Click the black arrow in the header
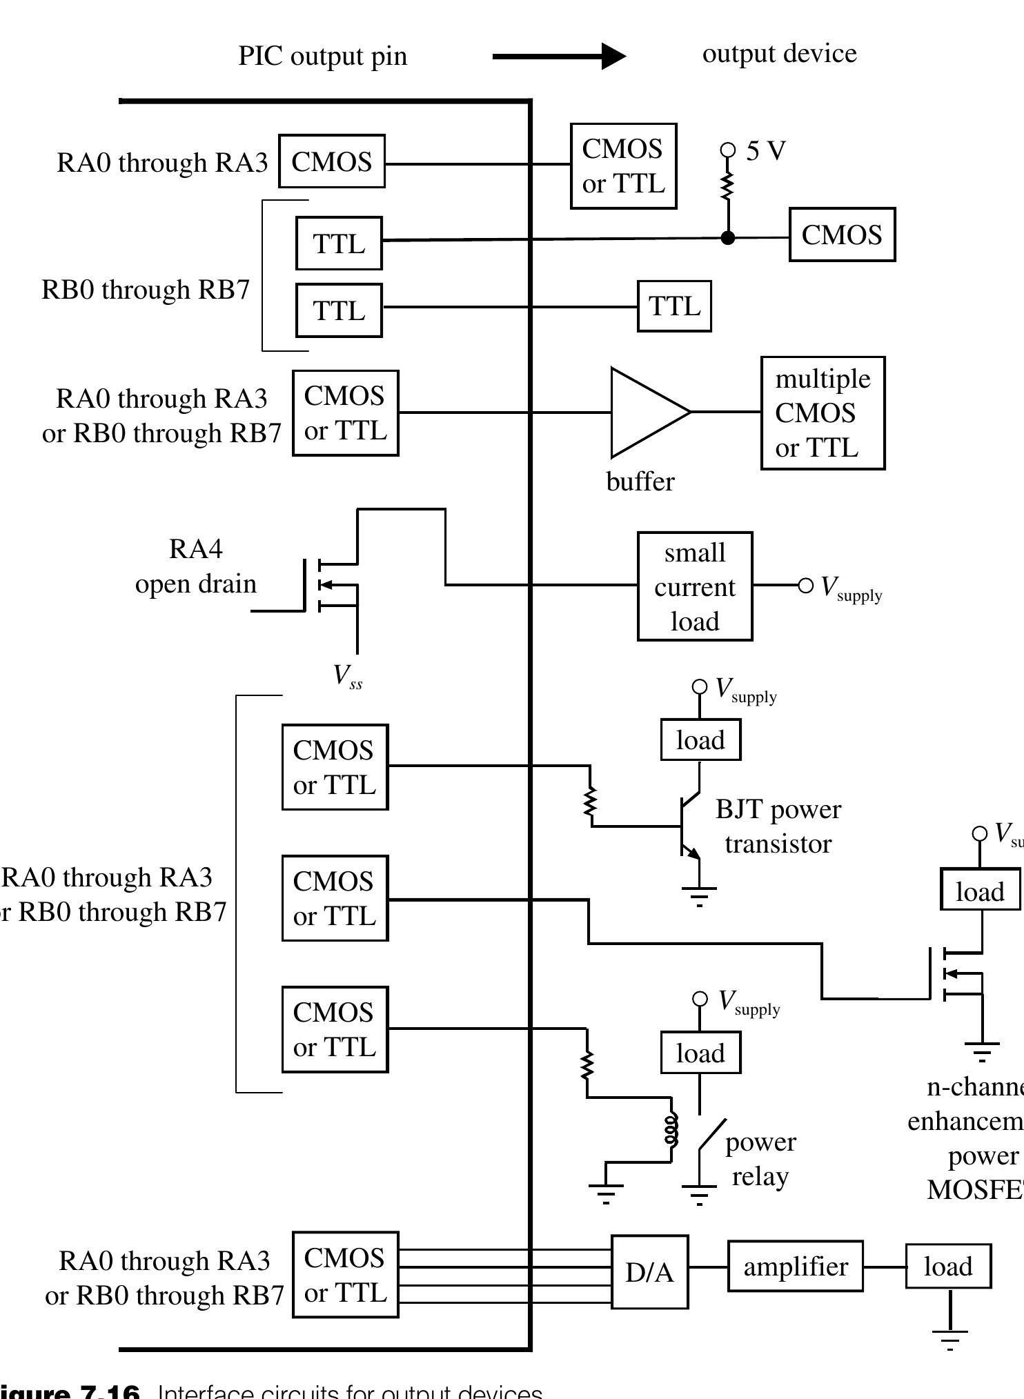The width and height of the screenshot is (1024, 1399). coord(559,57)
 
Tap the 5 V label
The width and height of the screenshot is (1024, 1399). coord(765,151)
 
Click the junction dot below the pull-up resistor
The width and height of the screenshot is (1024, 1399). coord(727,238)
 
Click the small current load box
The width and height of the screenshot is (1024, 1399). coord(694,586)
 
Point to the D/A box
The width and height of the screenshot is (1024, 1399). coord(649,1272)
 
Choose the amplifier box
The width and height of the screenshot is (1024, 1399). coord(795,1267)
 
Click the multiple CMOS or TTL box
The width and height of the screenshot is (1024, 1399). coord(823,413)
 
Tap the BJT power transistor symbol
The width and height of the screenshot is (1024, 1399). coord(690,826)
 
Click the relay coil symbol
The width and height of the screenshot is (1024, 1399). coord(671,1130)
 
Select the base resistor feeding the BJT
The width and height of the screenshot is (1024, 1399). coord(589,802)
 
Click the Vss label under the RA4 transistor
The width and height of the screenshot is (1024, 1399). coord(347,676)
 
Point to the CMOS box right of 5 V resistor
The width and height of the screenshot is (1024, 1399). coord(842,235)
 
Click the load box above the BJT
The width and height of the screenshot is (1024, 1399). coord(700,740)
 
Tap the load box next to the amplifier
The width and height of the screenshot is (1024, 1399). coord(948,1267)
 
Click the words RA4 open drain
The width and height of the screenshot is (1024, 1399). coord(196,566)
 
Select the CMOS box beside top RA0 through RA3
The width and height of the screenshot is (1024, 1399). coord(332,161)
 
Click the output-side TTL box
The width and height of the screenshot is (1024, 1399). coord(674,306)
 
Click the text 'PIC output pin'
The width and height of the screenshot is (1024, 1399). coord(322,56)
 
